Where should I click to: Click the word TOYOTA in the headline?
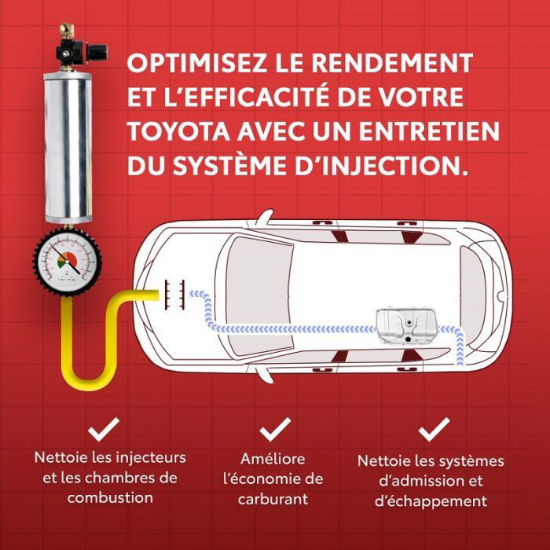[178, 131]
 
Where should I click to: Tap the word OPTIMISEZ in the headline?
[196, 63]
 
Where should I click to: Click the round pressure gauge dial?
[68, 262]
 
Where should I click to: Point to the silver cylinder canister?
[68, 148]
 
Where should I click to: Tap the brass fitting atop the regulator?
[67, 31]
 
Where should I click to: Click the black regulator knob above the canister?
[97, 53]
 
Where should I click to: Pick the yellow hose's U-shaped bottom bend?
[89, 376]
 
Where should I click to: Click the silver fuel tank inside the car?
[407, 326]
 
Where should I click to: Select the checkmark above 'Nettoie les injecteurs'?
[104, 429]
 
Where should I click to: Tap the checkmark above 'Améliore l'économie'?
[276, 429]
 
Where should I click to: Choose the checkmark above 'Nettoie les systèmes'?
[434, 429]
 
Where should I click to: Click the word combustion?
[110, 498]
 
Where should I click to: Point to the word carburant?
[273, 500]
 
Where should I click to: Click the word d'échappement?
[431, 501]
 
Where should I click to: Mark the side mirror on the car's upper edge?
[266, 218]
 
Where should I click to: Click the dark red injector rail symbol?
[174, 295]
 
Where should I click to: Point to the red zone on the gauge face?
[71, 258]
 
